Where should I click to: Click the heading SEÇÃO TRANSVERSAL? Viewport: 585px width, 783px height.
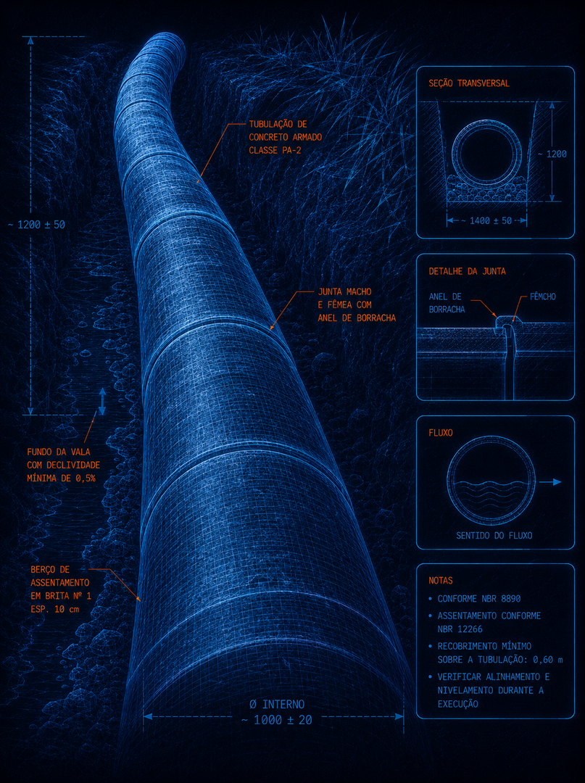pyautogui.click(x=469, y=83)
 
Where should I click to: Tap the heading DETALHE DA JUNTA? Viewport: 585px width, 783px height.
pyautogui.click(x=467, y=271)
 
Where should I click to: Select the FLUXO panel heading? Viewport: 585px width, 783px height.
pyautogui.click(x=441, y=432)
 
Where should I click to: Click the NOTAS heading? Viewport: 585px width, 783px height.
pyautogui.click(x=441, y=580)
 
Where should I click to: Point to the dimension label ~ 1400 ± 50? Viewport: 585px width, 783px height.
pyautogui.click(x=486, y=220)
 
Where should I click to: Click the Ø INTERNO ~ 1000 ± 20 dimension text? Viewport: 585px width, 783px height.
pyautogui.click(x=277, y=712)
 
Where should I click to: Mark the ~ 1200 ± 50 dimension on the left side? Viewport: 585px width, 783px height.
pyautogui.click(x=36, y=225)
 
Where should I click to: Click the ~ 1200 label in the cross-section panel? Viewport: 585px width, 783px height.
pyautogui.click(x=552, y=154)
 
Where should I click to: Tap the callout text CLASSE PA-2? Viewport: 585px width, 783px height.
pyautogui.click(x=275, y=150)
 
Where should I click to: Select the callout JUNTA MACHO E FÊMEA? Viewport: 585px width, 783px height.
pyautogui.click(x=344, y=298)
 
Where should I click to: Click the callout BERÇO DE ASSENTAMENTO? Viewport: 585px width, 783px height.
pyautogui.click(x=60, y=576)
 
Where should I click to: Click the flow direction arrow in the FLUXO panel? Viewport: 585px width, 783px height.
pyautogui.click(x=550, y=482)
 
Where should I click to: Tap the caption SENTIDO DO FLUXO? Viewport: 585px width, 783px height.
pyautogui.click(x=494, y=535)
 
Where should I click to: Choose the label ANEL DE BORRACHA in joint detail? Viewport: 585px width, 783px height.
pyautogui.click(x=447, y=303)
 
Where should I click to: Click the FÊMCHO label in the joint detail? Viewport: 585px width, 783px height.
pyautogui.click(x=542, y=297)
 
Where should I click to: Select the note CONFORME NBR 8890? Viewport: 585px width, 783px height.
pyautogui.click(x=479, y=598)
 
